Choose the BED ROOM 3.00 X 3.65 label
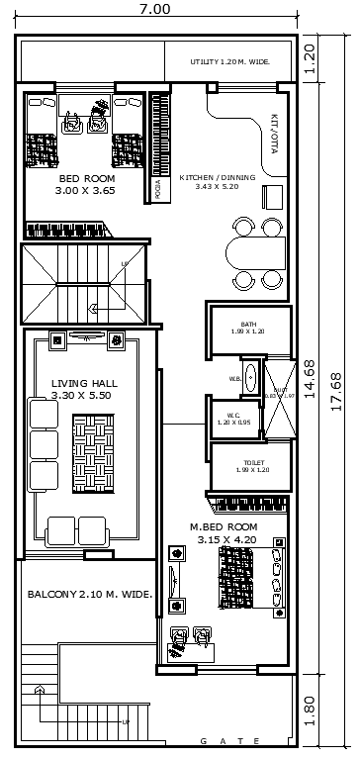85,184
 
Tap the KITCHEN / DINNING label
218,182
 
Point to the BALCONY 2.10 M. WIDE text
89,595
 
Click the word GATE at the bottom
229,741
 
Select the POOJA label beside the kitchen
157,189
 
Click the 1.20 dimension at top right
310,59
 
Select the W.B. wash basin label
235,378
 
